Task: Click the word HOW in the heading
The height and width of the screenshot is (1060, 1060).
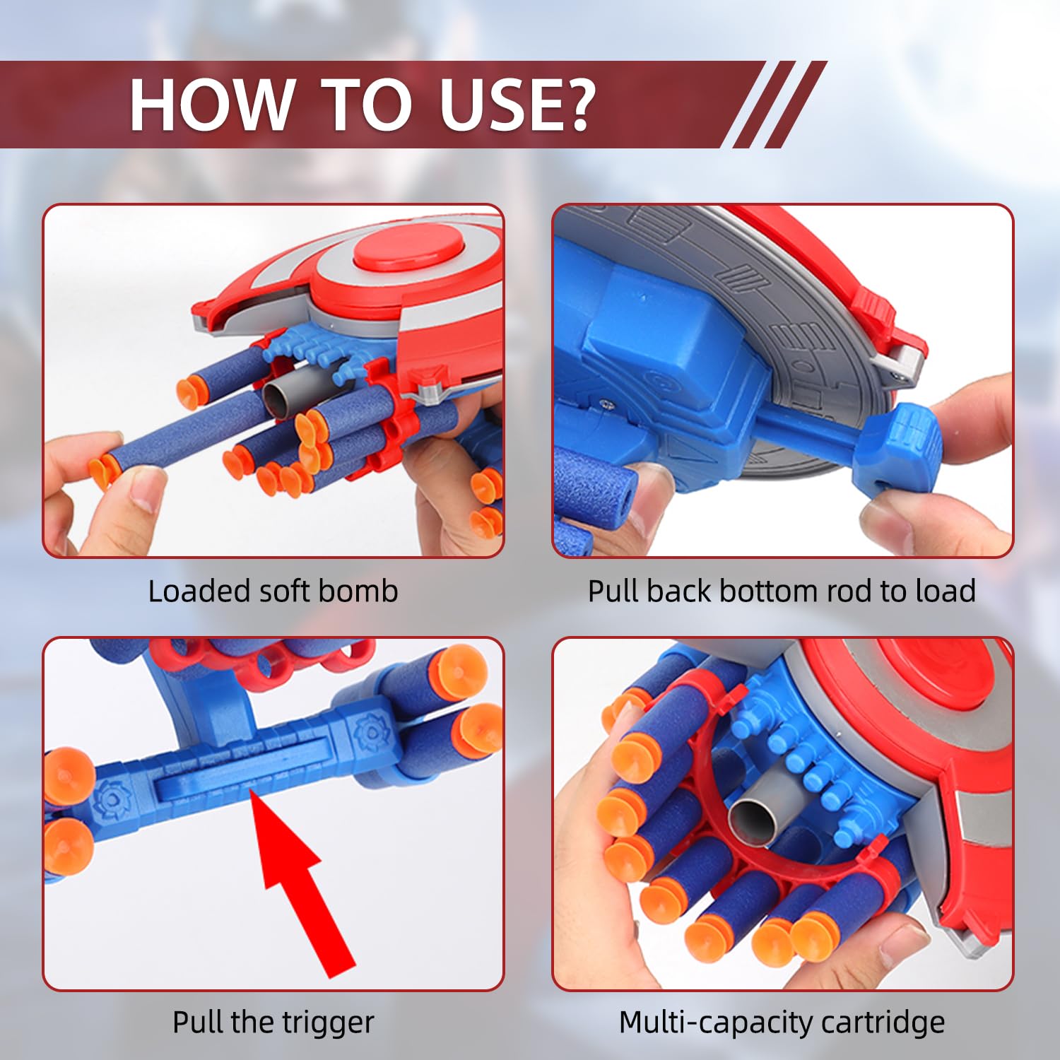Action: click(211, 105)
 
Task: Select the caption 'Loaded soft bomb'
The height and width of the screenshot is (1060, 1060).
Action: click(273, 591)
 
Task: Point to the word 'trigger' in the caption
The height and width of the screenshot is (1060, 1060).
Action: click(329, 1023)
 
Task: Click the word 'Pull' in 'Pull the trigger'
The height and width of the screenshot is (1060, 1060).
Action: click(198, 1023)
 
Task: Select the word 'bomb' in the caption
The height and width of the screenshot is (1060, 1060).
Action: click(367, 591)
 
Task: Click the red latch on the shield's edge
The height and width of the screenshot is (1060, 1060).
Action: click(876, 311)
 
